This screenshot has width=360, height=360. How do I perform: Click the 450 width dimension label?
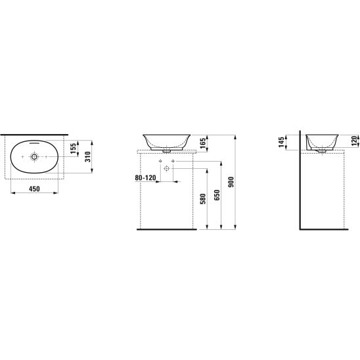point(34,189)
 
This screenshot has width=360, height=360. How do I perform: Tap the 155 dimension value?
point(73,148)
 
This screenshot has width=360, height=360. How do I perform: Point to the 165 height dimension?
point(203,143)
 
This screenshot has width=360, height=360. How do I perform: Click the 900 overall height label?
point(231,182)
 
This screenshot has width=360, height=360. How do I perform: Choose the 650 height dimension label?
point(217,195)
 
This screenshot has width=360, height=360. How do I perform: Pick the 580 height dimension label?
point(204,199)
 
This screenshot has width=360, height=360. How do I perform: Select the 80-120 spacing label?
point(145,178)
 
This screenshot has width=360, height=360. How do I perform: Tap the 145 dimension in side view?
point(281,143)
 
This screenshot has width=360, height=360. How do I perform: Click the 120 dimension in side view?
point(355,141)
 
